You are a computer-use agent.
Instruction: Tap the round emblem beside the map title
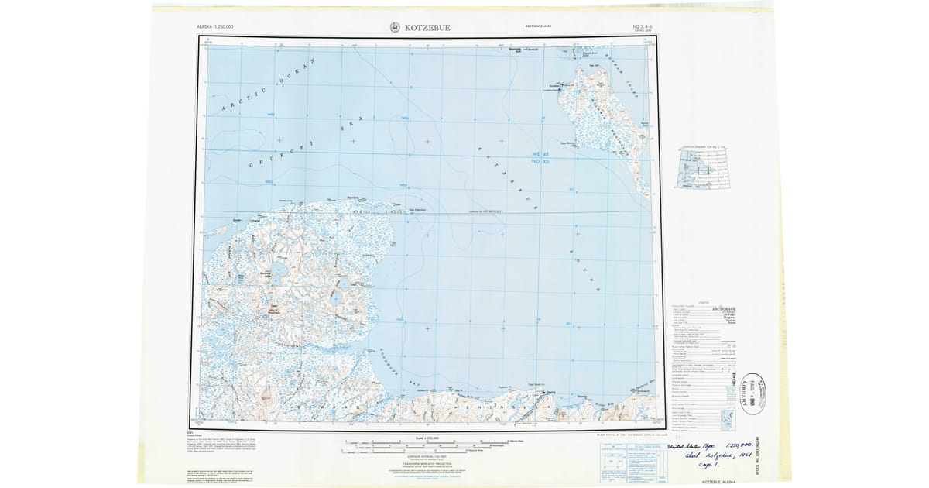[395, 28]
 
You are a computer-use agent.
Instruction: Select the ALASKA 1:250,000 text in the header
[215, 27]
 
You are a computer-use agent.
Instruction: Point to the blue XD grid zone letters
[546, 163]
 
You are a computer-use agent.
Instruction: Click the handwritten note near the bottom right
[711, 456]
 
